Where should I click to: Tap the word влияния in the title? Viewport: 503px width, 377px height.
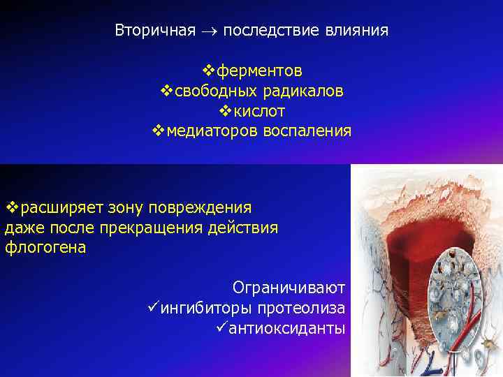pyautogui.click(x=359, y=31)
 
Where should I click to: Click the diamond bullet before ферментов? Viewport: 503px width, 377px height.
pyautogui.click(x=207, y=71)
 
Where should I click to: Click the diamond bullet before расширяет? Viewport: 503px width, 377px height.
pyautogui.click(x=11, y=208)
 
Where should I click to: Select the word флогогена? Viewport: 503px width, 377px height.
pyautogui.click(x=45, y=248)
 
